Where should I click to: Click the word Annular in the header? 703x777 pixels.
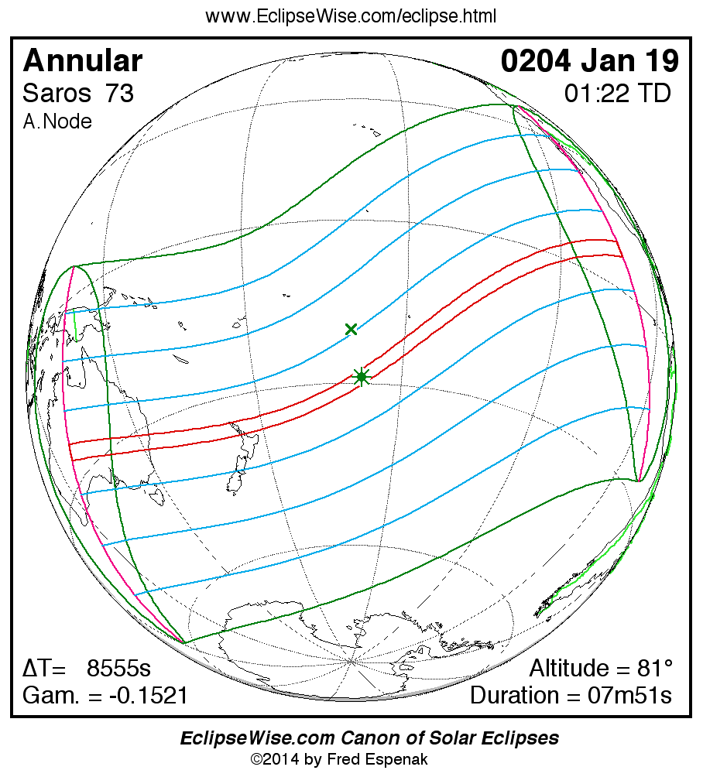click(x=82, y=61)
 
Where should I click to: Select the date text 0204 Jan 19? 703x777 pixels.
click(x=590, y=61)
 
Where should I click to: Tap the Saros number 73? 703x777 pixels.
click(x=120, y=94)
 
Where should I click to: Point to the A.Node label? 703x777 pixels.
click(x=57, y=122)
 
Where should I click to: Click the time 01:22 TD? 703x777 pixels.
click(x=617, y=94)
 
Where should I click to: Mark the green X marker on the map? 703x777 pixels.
click(x=351, y=330)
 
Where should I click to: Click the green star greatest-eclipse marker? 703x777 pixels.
click(x=361, y=377)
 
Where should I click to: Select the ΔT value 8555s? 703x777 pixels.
click(x=118, y=669)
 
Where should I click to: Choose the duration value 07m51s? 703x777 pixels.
click(x=629, y=696)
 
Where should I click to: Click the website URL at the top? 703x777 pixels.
click(x=351, y=16)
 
